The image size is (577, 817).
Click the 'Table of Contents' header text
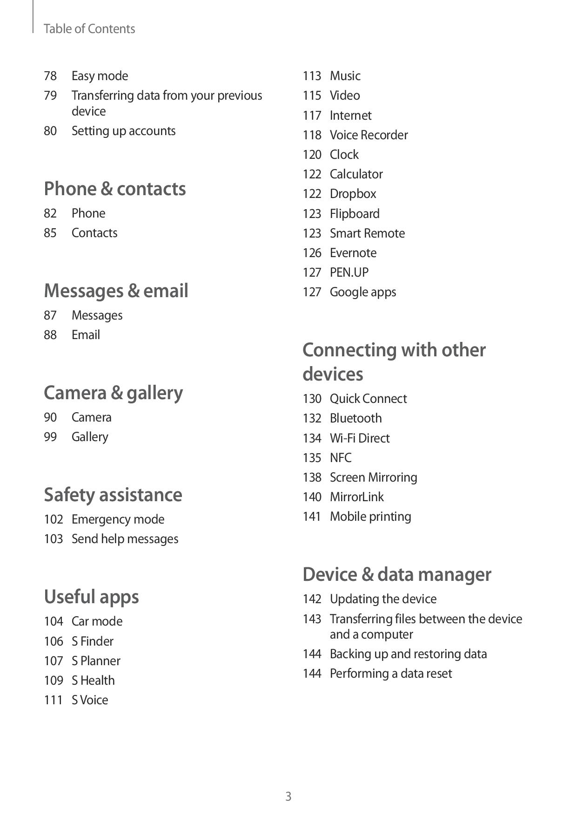(89, 29)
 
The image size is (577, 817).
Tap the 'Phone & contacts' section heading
(114, 189)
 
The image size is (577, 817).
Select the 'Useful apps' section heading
(91, 597)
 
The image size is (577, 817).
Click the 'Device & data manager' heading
(396, 574)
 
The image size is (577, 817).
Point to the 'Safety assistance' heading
(113, 495)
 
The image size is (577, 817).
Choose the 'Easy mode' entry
(100, 76)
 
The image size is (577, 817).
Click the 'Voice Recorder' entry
(369, 135)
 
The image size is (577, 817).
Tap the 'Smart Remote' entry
(367, 233)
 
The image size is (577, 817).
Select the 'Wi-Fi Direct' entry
(360, 438)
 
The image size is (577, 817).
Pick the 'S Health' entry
(93, 681)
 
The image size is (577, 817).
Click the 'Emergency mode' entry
(118, 519)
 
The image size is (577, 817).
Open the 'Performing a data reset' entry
(390, 674)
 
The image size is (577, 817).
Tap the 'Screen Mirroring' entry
(373, 477)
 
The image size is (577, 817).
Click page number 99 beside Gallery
(50, 437)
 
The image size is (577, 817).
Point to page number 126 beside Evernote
(312, 253)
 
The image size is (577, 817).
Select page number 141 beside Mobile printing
(312, 517)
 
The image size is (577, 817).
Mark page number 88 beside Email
(50, 335)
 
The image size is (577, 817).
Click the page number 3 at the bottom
(288, 797)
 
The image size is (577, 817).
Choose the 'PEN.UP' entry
(349, 272)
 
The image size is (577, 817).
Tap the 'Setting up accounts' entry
(123, 131)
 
